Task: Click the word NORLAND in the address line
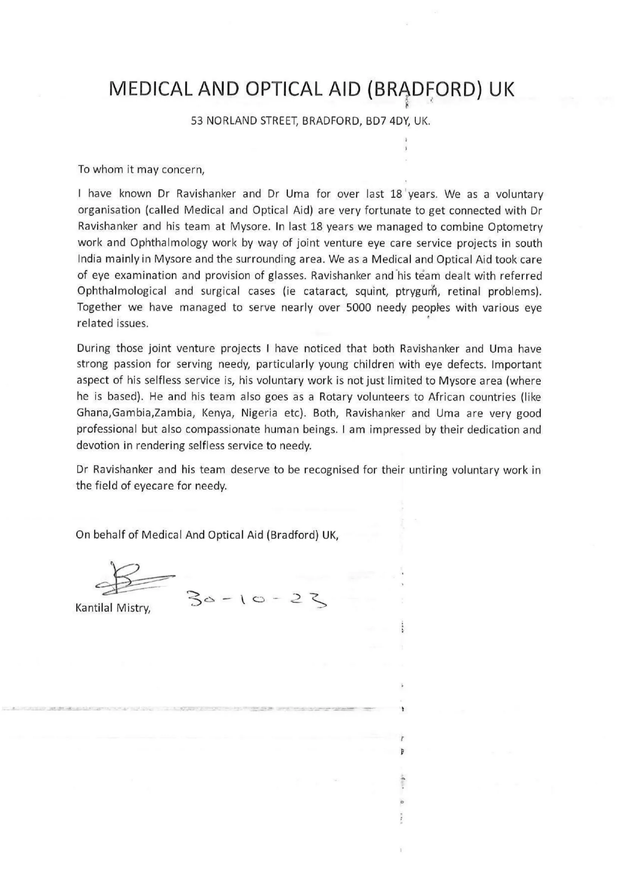[x=231, y=122]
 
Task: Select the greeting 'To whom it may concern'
[x=141, y=169]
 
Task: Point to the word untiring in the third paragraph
[x=428, y=470]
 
